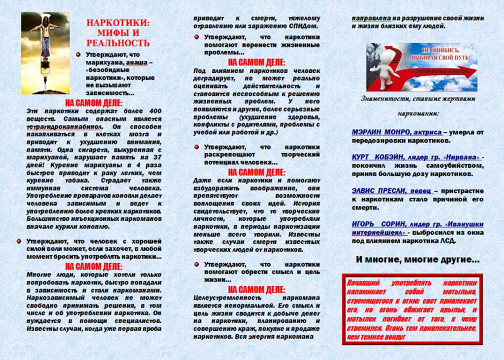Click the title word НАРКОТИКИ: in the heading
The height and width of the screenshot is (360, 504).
(118, 22)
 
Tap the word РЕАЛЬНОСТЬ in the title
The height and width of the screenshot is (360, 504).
(118, 43)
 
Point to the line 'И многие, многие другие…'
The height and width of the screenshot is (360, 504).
(417, 260)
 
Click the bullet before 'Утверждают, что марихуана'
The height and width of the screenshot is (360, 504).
(79, 55)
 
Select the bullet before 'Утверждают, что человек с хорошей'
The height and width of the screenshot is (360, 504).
(19, 241)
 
